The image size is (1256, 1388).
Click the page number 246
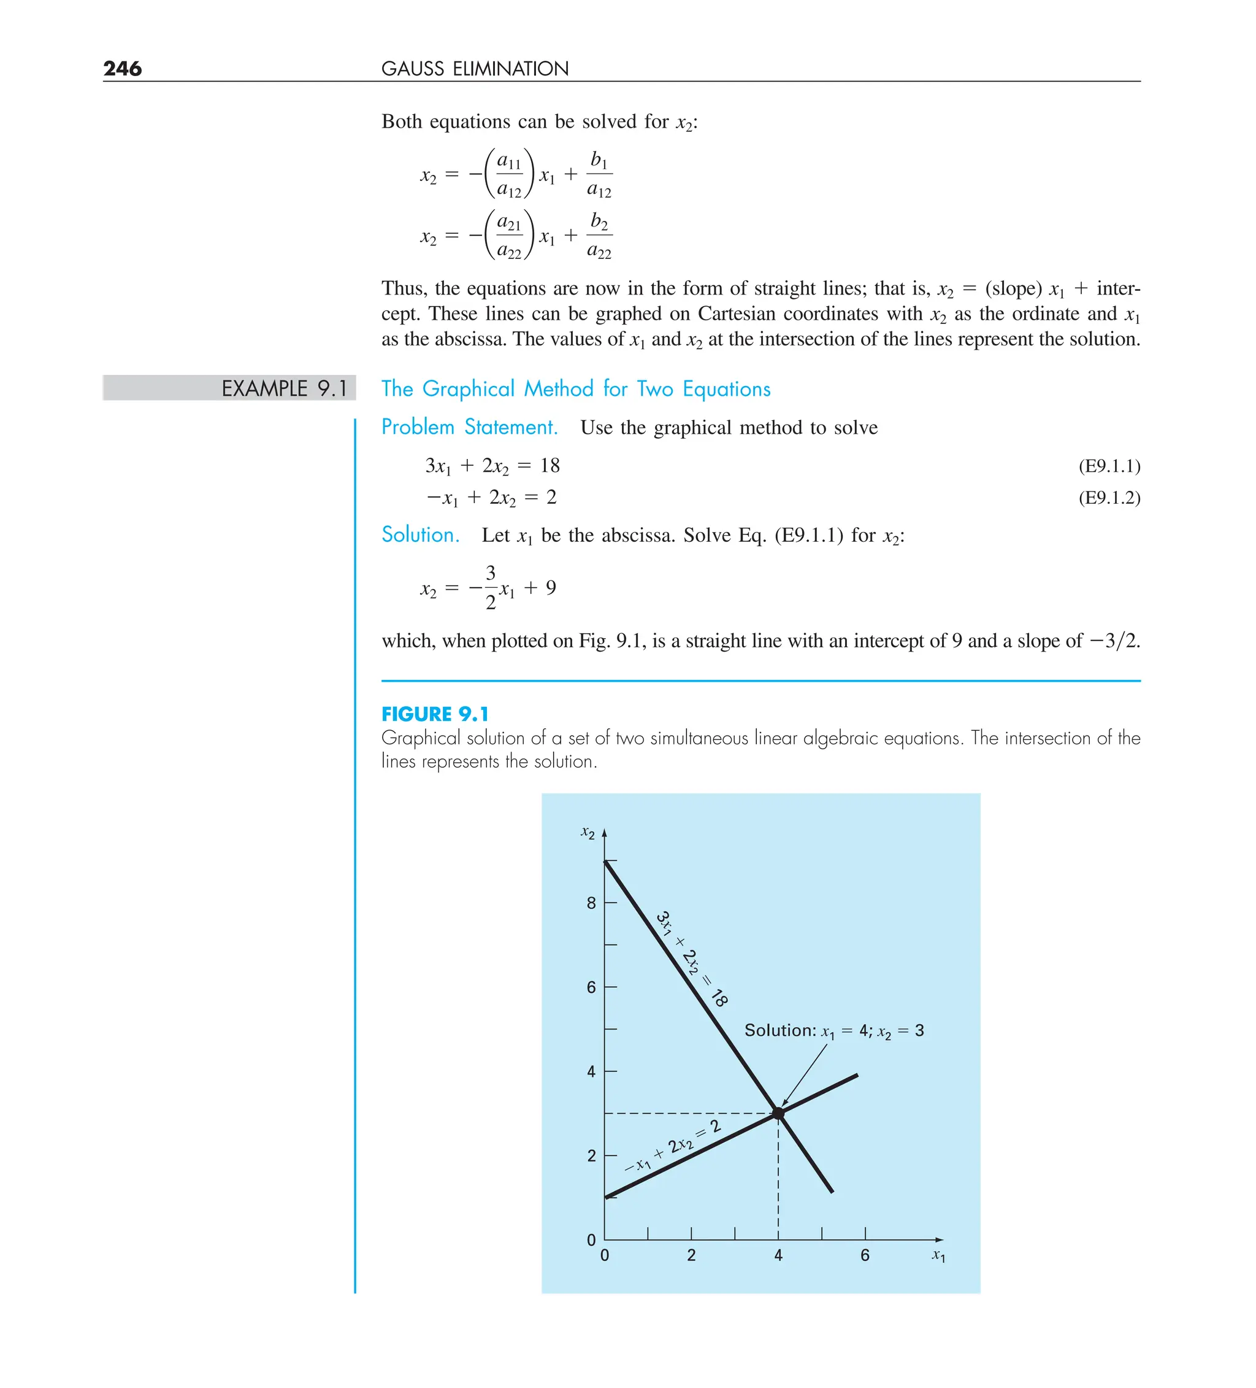[x=123, y=68]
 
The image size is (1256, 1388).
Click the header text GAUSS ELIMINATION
[x=475, y=69]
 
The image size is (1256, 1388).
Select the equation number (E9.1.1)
[x=1109, y=466]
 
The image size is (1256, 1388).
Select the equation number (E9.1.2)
[x=1109, y=498]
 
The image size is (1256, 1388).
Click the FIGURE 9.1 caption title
[x=435, y=714]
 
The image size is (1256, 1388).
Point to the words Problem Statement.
[x=469, y=427]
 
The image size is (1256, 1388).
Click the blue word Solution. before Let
[x=421, y=535]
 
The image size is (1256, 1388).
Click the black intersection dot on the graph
[x=778, y=1113]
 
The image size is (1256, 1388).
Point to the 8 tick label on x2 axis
[x=591, y=903]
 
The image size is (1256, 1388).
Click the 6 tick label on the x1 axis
[x=865, y=1255]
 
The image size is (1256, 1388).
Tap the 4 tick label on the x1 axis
[x=778, y=1255]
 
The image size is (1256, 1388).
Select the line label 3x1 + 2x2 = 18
[x=692, y=959]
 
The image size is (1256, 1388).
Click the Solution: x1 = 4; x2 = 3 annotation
[x=834, y=1031]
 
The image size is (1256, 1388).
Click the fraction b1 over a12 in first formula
[x=599, y=175]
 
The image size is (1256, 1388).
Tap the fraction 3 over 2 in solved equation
[x=491, y=587]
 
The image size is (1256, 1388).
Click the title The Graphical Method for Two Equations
[x=576, y=389]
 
